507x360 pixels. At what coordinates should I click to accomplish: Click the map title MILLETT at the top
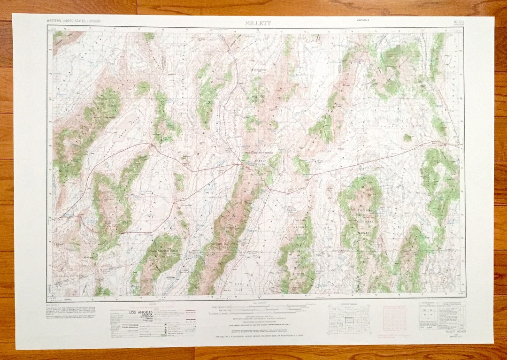[x=258, y=23]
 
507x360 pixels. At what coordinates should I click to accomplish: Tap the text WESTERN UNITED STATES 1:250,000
[x=73, y=21]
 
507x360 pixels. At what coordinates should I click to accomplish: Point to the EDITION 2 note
[x=363, y=20]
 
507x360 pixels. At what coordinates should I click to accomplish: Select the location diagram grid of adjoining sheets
[x=348, y=319]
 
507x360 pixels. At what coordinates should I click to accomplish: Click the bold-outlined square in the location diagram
[x=349, y=319]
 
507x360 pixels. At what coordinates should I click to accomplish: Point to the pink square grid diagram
[x=394, y=318]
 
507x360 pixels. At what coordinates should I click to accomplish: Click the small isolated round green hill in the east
[x=407, y=138]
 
